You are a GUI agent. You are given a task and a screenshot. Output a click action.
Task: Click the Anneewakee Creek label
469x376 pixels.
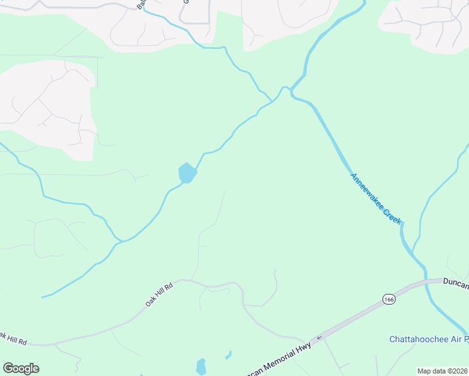[x=376, y=199]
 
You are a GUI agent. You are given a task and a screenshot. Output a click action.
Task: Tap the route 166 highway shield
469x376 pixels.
[x=389, y=299]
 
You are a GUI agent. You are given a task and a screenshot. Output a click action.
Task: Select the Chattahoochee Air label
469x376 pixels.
[x=428, y=340]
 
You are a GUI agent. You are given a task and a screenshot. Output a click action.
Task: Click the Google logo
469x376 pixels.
[x=21, y=368]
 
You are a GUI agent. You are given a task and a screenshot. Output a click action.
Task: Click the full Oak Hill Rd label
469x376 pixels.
[x=160, y=293]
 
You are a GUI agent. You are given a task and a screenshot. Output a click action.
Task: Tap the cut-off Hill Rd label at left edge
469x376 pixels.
[x=13, y=339]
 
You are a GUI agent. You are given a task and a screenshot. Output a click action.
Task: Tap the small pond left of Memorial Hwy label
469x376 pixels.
[x=201, y=366]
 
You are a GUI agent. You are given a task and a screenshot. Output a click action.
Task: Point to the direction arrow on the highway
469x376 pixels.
[x=319, y=337]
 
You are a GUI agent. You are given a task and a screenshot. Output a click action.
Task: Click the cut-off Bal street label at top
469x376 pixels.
[x=140, y=5]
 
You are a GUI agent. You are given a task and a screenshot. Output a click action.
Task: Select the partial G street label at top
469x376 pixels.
[x=186, y=2]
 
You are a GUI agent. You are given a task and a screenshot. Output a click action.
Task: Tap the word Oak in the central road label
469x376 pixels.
[x=150, y=299]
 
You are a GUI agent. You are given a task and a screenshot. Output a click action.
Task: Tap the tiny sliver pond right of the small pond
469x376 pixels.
[x=228, y=355]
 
